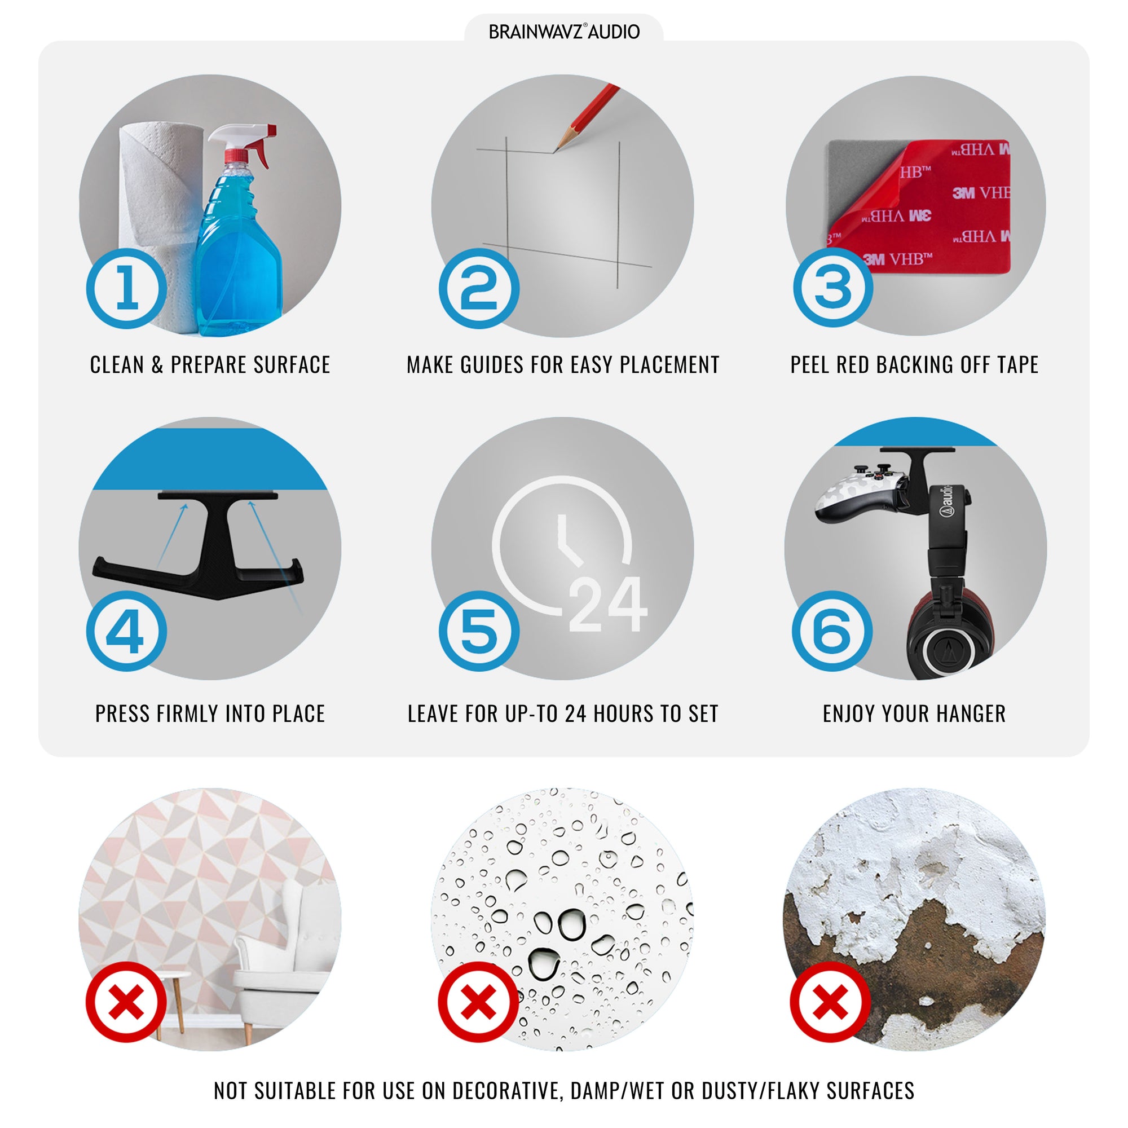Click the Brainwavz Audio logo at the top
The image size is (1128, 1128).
[564, 32]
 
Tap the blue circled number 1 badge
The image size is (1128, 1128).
[127, 288]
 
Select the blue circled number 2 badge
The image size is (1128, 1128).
[479, 288]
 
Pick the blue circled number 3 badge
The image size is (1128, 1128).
[833, 287]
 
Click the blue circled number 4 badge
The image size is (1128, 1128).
[127, 631]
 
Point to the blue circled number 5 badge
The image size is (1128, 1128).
[479, 631]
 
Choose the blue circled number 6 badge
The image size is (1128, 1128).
[832, 631]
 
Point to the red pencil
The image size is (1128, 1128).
[586, 117]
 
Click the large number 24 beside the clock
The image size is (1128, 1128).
[608, 605]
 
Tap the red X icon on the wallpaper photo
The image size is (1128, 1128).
[126, 1002]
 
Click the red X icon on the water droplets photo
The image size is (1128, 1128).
[479, 1002]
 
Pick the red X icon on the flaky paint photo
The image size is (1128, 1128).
[830, 1002]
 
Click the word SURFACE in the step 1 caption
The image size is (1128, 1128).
[292, 365]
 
